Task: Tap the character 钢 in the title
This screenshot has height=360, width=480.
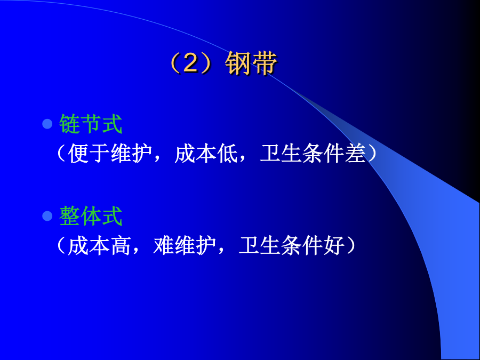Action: tap(237, 63)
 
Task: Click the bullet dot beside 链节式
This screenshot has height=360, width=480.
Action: tap(47, 124)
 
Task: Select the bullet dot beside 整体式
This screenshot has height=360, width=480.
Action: tap(47, 216)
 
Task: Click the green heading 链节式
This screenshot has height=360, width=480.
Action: tap(91, 124)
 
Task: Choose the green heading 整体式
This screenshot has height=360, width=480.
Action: tap(91, 216)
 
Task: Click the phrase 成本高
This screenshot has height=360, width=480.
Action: tap(99, 245)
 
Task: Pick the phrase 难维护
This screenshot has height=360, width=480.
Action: tap(185, 245)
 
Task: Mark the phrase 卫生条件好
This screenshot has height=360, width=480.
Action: tap(291, 245)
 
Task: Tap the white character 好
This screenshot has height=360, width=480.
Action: tap(334, 245)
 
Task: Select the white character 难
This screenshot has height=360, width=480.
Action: tap(164, 245)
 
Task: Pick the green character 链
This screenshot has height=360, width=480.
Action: tap(69, 124)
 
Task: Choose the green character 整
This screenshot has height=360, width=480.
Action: tap(69, 216)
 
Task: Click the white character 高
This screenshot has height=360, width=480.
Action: tap(121, 245)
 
